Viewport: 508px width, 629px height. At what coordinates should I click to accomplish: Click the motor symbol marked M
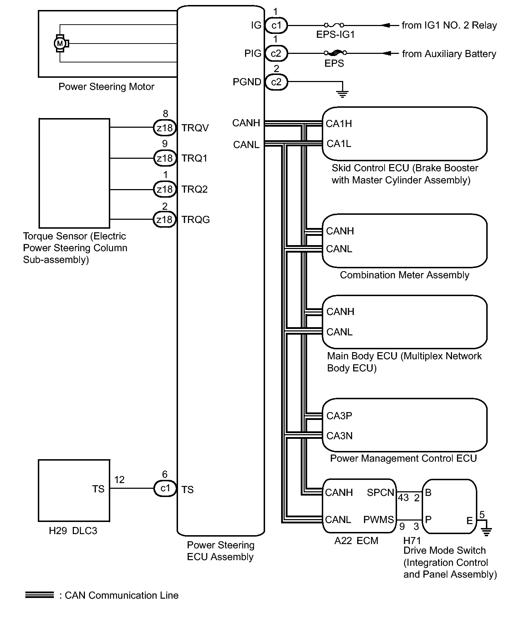click(x=60, y=44)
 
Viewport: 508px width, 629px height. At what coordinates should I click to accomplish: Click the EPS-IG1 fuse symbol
click(x=334, y=25)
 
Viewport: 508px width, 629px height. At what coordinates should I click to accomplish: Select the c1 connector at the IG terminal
click(x=276, y=25)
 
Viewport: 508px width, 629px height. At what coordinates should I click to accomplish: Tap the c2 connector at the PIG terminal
click(x=276, y=54)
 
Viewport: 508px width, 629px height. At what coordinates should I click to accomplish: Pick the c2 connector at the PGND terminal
click(x=276, y=82)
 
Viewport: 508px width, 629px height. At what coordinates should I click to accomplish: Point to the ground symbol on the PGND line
click(x=342, y=94)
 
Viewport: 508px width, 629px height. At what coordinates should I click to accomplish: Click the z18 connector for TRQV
click(x=164, y=128)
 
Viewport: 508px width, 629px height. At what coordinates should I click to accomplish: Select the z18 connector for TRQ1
click(x=164, y=158)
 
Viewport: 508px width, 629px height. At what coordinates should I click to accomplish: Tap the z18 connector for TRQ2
click(x=164, y=189)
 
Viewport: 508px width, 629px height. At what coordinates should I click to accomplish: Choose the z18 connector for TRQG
click(x=164, y=219)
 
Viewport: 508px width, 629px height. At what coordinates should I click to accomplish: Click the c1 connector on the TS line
click(x=165, y=488)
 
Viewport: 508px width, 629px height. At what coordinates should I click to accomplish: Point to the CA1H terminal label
click(x=339, y=124)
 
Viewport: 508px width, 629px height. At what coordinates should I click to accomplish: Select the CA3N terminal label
click(x=340, y=436)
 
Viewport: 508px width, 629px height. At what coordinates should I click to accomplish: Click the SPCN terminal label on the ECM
click(x=380, y=493)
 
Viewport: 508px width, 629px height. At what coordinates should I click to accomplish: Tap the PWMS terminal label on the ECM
click(x=379, y=520)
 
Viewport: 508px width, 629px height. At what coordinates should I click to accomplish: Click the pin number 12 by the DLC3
click(x=119, y=480)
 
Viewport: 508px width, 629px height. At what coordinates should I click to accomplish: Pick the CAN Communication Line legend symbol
click(x=39, y=595)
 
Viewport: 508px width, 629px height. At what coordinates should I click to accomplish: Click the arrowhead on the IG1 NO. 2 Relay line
click(x=386, y=25)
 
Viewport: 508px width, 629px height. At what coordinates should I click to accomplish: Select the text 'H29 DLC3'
click(x=73, y=531)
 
